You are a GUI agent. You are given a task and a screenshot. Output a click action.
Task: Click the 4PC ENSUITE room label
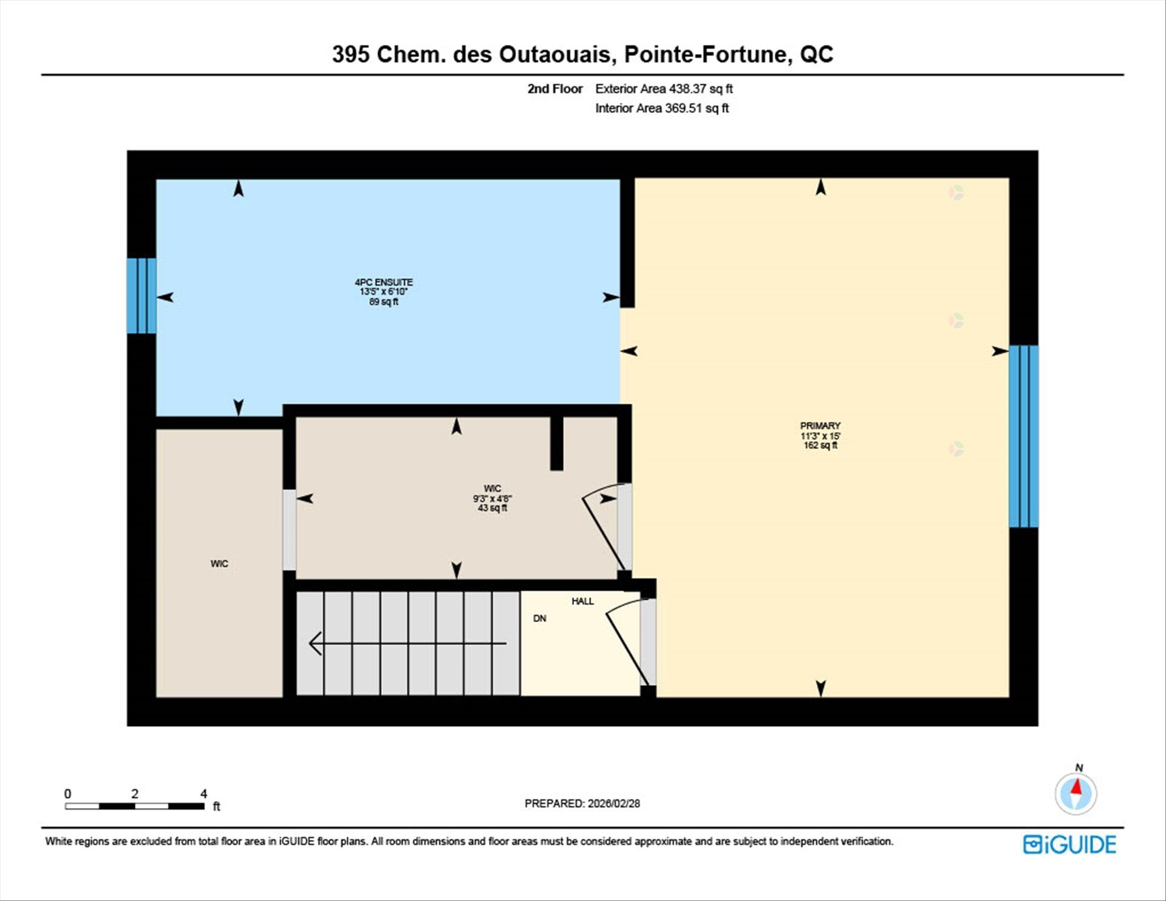coord(383,283)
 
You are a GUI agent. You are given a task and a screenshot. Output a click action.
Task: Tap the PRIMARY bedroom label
coord(820,426)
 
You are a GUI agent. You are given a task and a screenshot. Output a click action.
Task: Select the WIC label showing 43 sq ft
coord(492,498)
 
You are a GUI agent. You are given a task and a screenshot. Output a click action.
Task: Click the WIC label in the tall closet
coord(219,564)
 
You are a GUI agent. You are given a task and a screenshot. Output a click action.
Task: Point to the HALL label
coord(582,601)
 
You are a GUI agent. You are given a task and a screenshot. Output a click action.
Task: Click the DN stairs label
coord(539,618)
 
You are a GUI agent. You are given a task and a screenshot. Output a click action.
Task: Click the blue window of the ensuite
coord(141,296)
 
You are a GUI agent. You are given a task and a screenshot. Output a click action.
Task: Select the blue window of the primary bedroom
coord(1024,436)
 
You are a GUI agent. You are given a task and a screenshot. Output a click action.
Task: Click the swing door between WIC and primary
coord(604,526)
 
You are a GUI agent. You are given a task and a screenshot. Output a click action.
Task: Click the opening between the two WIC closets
coord(290,530)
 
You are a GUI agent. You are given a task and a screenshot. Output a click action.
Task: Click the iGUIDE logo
coord(1069,844)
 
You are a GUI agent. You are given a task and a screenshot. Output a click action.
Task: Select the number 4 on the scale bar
coord(203,793)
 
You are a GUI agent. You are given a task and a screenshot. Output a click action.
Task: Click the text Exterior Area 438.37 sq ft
coord(664,89)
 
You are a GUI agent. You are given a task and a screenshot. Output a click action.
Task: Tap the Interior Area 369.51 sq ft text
coord(661,108)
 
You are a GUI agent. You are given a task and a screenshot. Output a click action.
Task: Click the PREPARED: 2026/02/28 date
coord(582,803)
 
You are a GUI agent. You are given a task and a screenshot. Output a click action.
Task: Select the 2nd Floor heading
coord(554,89)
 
